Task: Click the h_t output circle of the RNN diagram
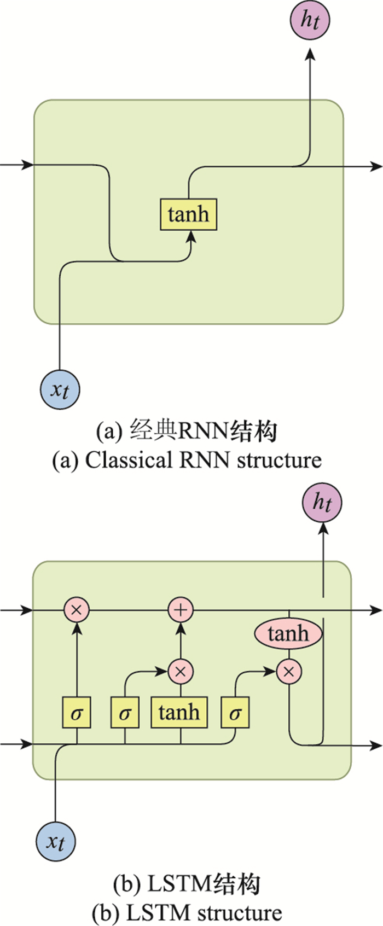point(310,20)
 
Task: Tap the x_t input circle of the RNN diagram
point(60,389)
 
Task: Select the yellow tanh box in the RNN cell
point(189,214)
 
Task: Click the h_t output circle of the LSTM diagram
point(322,502)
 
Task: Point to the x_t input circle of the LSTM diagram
point(56,842)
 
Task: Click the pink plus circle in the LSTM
point(181,610)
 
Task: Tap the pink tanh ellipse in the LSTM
point(288,633)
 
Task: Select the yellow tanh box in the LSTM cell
point(179,712)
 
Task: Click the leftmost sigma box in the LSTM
point(77,712)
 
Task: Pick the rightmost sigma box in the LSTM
point(235,712)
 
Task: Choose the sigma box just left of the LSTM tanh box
point(125,712)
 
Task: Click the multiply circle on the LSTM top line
point(77,610)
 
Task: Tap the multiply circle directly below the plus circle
point(181,671)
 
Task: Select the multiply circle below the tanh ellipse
point(289,671)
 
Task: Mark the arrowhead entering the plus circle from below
point(181,628)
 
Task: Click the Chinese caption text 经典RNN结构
point(203,431)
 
